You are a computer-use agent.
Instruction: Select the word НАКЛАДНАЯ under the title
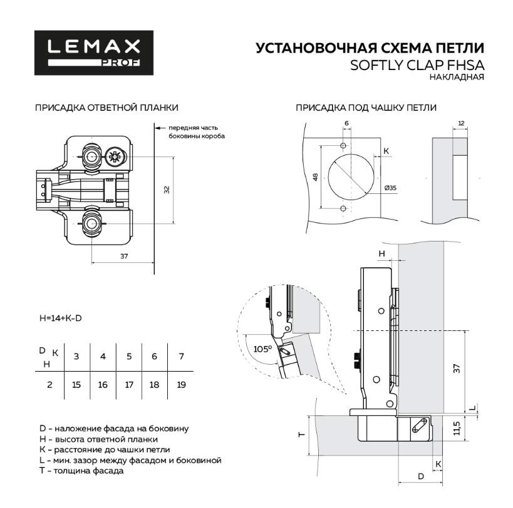457,78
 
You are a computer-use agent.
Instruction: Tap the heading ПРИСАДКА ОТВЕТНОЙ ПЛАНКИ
106,108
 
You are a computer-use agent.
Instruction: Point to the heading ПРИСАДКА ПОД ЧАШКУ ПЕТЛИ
366,108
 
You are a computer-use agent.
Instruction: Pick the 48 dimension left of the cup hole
316,176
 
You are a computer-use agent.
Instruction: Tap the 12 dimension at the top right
462,123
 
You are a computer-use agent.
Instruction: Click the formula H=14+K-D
60,318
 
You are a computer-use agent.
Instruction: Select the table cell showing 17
129,384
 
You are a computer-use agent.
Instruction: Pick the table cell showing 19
182,384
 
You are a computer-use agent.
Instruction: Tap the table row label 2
49,384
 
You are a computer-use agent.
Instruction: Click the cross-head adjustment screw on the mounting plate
115,156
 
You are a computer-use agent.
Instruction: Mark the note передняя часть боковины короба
196,131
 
